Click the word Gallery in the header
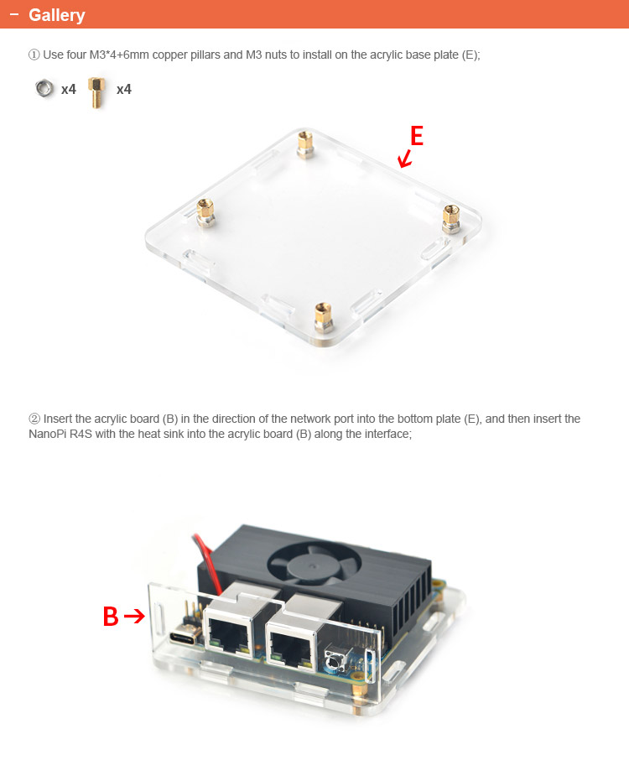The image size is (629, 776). click(57, 15)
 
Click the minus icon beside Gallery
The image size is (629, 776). click(14, 14)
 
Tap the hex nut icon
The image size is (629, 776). click(44, 89)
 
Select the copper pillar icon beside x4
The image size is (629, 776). click(97, 92)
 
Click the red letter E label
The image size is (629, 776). click(417, 136)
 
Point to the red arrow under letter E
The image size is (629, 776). click(405, 159)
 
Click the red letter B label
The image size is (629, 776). click(111, 617)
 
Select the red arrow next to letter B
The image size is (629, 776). click(134, 616)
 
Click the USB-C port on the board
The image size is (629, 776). click(184, 637)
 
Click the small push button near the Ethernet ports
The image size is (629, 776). click(334, 661)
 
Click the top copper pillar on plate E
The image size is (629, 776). click(304, 144)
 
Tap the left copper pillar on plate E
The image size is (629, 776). click(205, 212)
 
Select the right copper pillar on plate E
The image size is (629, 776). click(451, 218)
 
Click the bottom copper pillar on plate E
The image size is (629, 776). click(324, 317)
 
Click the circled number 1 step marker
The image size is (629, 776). click(34, 55)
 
